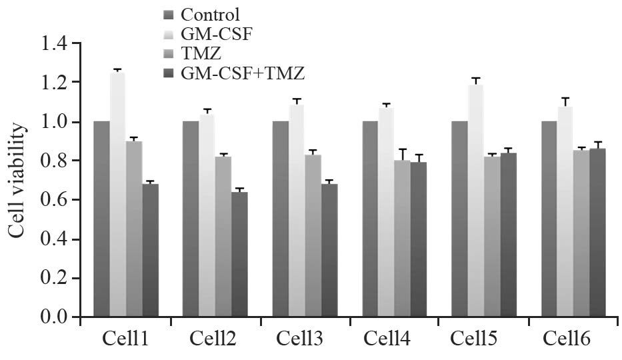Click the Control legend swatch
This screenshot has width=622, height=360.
(168, 13)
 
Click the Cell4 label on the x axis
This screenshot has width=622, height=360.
(393, 339)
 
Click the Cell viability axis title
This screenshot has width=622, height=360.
(19, 181)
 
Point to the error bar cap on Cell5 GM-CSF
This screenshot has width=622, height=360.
(475, 78)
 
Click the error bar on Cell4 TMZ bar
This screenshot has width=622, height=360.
(402, 154)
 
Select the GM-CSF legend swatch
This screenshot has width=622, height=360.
(168, 33)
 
